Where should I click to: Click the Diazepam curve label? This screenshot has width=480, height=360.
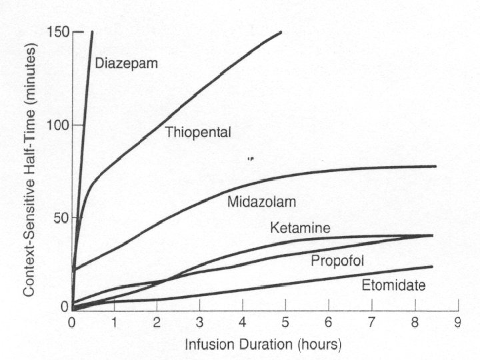tap(127, 64)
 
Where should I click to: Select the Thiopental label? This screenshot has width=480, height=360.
tap(198, 132)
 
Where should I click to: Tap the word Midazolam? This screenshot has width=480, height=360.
tap(262, 202)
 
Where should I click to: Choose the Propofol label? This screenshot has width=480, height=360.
tap(337, 261)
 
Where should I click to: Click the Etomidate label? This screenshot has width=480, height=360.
tap(394, 285)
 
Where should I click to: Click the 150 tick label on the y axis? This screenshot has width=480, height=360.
tap(59, 31)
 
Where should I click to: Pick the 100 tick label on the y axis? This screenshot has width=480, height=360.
tap(59, 125)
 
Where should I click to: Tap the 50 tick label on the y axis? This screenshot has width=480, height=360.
tap(62, 218)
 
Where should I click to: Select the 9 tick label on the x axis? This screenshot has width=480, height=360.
tap(457, 323)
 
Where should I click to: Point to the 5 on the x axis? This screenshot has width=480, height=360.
tap(285, 323)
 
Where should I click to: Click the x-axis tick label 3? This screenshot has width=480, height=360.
tap(199, 323)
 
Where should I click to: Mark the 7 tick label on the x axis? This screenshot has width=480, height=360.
tap(371, 323)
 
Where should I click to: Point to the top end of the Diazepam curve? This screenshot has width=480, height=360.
tap(92, 31)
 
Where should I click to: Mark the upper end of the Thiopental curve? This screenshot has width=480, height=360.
tap(281, 32)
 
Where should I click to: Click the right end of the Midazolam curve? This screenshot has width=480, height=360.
tap(435, 167)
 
